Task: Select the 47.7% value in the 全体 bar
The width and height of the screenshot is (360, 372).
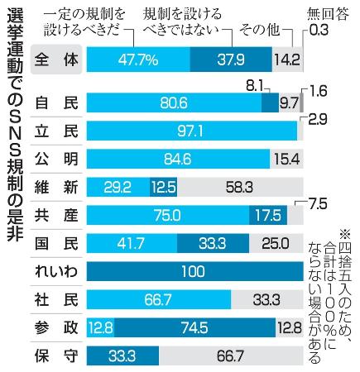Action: (138, 60)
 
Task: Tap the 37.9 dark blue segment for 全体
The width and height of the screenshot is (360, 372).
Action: (232, 60)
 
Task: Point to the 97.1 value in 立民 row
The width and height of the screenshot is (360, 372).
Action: (190, 130)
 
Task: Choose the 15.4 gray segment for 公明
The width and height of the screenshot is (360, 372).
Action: (284, 158)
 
